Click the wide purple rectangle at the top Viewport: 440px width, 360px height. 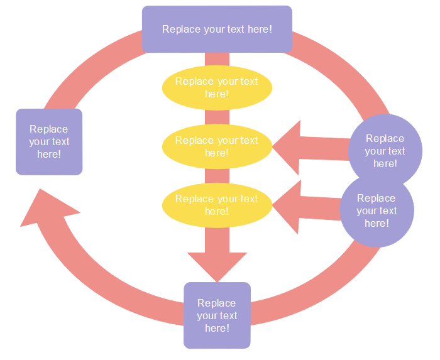pos(217,29)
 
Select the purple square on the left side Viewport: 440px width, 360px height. pos(49,141)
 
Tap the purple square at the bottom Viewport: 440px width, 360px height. pos(217,315)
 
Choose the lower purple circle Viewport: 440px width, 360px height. pos(377,210)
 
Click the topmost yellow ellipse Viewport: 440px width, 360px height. pos(217,87)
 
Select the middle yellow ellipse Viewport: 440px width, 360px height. pos(217,146)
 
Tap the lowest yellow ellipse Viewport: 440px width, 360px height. pos(217,205)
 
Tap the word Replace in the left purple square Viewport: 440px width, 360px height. pos(49,129)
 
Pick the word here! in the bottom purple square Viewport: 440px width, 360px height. pos(217,328)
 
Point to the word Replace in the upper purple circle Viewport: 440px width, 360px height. pos(385,138)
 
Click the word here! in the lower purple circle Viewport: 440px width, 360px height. pos(377,223)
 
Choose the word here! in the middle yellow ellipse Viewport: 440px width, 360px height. pos(217,153)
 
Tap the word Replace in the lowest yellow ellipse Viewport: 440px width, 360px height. pos(194,199)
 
